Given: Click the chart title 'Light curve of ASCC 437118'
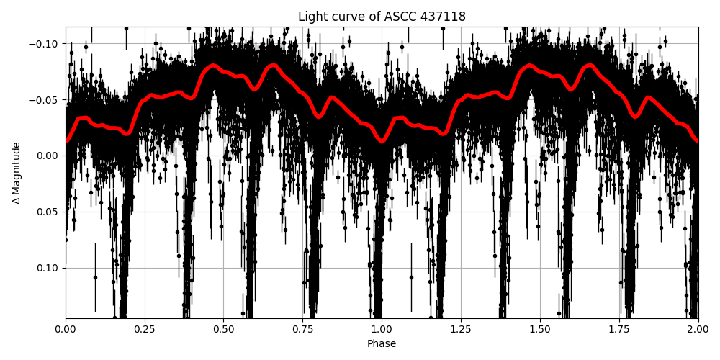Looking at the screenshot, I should click(x=382, y=17).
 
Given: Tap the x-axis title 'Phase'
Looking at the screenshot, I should click(x=382, y=344).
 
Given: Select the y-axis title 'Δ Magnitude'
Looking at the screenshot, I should click(x=17, y=173).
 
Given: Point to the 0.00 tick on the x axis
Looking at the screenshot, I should click(x=66, y=330).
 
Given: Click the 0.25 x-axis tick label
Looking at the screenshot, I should click(x=145, y=330).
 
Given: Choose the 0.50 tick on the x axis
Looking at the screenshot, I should click(x=223, y=330).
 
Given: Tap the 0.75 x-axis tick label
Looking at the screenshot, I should click(x=302, y=330).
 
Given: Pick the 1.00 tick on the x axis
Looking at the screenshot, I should click(x=382, y=330).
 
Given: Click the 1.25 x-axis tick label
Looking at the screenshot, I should click(x=461, y=330).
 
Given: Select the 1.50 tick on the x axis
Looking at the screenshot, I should click(x=540, y=330).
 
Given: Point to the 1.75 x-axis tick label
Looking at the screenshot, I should click(x=619, y=330).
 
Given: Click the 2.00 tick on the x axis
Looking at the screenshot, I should click(x=698, y=330).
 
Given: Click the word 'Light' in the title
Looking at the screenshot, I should click(x=311, y=17).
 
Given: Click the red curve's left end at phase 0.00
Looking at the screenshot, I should click(x=66, y=141).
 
